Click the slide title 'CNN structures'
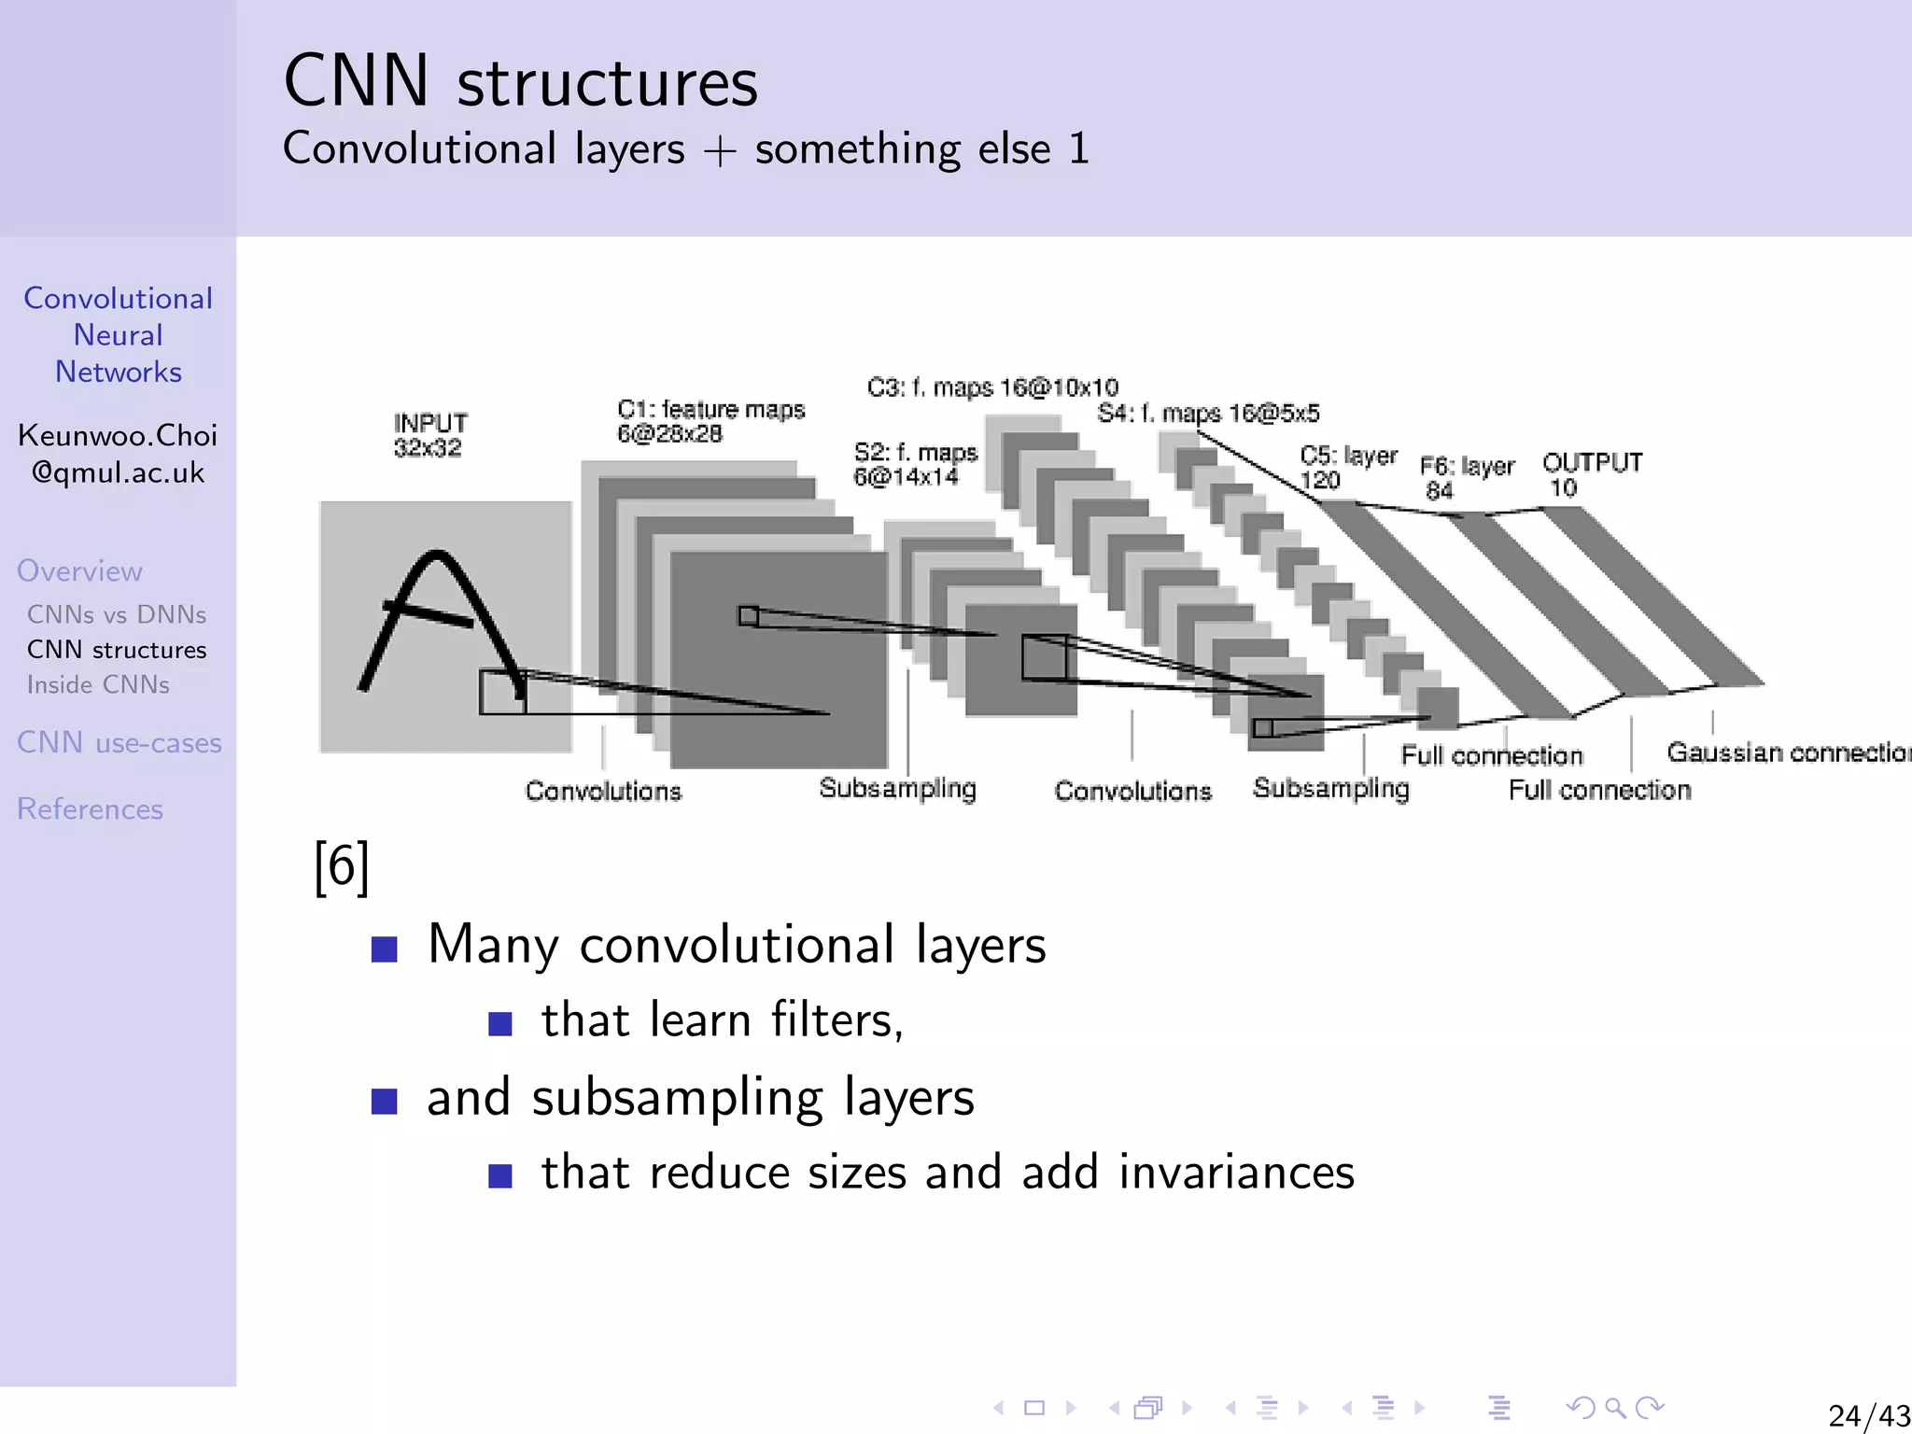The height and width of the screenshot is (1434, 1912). click(x=520, y=82)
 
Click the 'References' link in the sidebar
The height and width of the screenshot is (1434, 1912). click(x=90, y=808)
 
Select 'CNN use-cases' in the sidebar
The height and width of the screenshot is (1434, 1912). click(x=119, y=742)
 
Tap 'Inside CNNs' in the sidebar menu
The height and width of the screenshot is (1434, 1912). click(x=98, y=684)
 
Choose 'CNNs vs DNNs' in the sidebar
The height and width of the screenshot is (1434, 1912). click(x=116, y=614)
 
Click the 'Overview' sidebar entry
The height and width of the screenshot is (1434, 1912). click(x=79, y=570)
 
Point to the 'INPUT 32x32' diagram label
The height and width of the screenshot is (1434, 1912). click(x=429, y=435)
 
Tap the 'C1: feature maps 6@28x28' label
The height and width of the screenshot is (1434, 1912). click(x=710, y=421)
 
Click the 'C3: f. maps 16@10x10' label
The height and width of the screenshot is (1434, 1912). click(x=991, y=387)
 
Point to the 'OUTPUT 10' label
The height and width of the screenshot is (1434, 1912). click(x=1591, y=474)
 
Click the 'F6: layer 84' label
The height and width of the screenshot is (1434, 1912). click(x=1466, y=477)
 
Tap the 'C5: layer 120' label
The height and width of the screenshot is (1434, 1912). click(x=1347, y=467)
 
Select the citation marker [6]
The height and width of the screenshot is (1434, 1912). click(x=342, y=866)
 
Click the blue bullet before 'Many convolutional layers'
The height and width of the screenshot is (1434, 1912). click(x=385, y=949)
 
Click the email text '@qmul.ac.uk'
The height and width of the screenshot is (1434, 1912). click(x=118, y=472)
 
